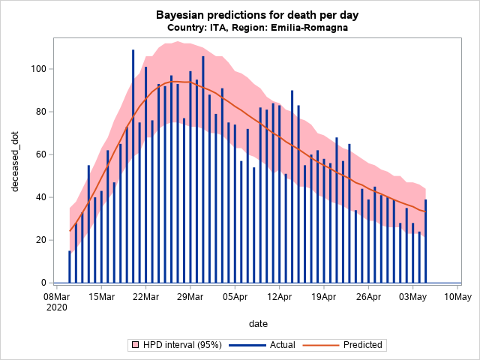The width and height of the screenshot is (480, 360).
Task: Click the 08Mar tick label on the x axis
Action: click(x=57, y=297)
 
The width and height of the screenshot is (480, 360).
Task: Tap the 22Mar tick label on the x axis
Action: click(x=145, y=297)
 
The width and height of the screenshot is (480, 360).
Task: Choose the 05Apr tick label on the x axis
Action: click(x=235, y=297)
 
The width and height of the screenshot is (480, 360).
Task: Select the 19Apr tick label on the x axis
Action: click(x=324, y=297)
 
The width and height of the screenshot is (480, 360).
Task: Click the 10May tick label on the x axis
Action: click(x=457, y=297)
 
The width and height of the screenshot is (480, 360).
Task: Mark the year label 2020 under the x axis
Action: click(x=57, y=307)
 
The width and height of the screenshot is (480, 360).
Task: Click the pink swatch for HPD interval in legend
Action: click(x=136, y=345)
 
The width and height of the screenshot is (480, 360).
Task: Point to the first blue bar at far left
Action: click(x=70, y=266)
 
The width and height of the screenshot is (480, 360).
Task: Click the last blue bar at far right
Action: click(x=426, y=241)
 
